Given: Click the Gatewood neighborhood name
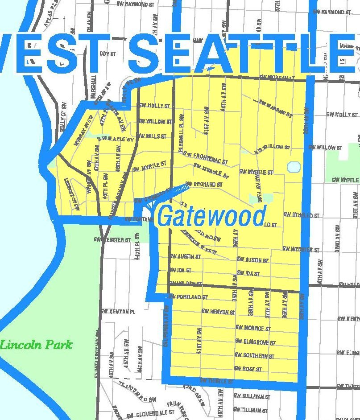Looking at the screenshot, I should pos(212,216).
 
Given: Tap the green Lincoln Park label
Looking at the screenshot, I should pos(36,345).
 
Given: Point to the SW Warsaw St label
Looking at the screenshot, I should pos(275,108).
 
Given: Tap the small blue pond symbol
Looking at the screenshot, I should pos(294,167).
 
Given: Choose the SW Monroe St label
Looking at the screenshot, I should pos(253,329).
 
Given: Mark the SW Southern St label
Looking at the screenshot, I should pos(254,356).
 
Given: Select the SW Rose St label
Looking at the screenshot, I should pos(248,369).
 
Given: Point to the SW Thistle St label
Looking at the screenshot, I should pos(216,381).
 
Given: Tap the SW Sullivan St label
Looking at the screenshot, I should pos(252,396).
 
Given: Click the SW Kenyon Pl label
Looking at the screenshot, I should pos(118,311).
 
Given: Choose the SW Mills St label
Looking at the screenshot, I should pos(152,136).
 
